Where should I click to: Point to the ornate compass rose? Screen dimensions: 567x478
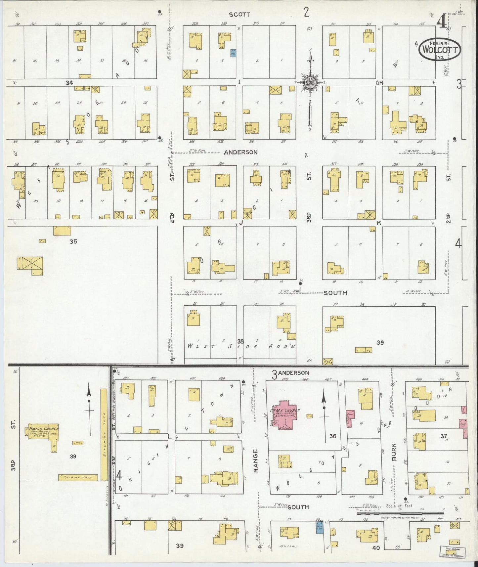click(310, 83)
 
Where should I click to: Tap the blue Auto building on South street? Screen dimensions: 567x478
click(319, 528)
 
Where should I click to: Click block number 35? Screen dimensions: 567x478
click(73, 241)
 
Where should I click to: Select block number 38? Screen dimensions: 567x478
click(240, 341)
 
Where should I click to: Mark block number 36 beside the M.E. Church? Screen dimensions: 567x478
click(332, 436)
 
